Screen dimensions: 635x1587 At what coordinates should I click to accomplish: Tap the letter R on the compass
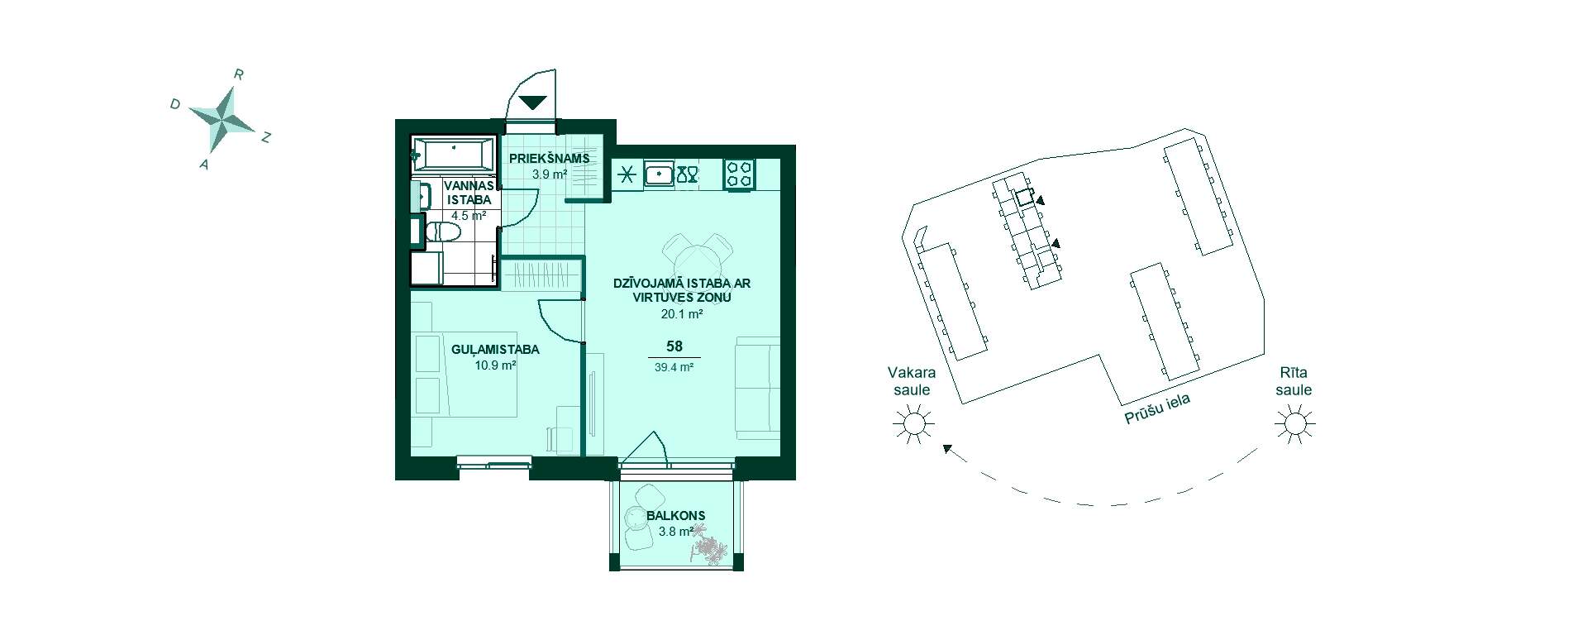[239, 74]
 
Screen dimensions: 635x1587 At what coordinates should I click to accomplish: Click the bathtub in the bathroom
[451, 155]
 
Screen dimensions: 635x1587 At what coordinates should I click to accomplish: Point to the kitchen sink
[659, 175]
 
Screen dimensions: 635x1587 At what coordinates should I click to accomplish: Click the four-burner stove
[739, 175]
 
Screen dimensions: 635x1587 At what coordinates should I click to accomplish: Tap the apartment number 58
[674, 348]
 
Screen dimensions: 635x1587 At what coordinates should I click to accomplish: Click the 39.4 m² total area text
[674, 368]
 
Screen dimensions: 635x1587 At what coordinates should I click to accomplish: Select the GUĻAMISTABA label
[495, 350]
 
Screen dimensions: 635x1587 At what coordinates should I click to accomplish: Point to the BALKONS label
[675, 516]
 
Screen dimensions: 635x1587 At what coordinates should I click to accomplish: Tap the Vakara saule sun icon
[913, 425]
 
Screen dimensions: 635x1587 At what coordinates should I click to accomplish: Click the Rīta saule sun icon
[1294, 425]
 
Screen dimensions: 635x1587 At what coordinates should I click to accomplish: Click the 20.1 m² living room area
[681, 314]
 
